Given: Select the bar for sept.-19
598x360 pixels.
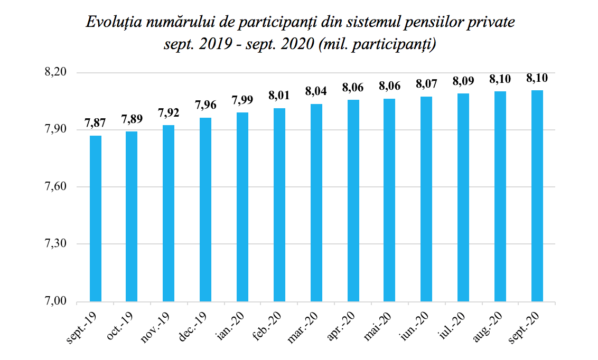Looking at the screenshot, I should point(96,219).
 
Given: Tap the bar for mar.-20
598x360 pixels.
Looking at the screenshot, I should point(316,203).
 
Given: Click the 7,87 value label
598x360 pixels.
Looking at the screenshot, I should point(95,124).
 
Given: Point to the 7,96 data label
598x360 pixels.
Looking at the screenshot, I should point(205,105).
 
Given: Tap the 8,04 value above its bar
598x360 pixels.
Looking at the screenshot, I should point(316,91).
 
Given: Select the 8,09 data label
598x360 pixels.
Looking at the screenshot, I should point(463,81).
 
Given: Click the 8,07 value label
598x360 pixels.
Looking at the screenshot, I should point(427,83).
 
